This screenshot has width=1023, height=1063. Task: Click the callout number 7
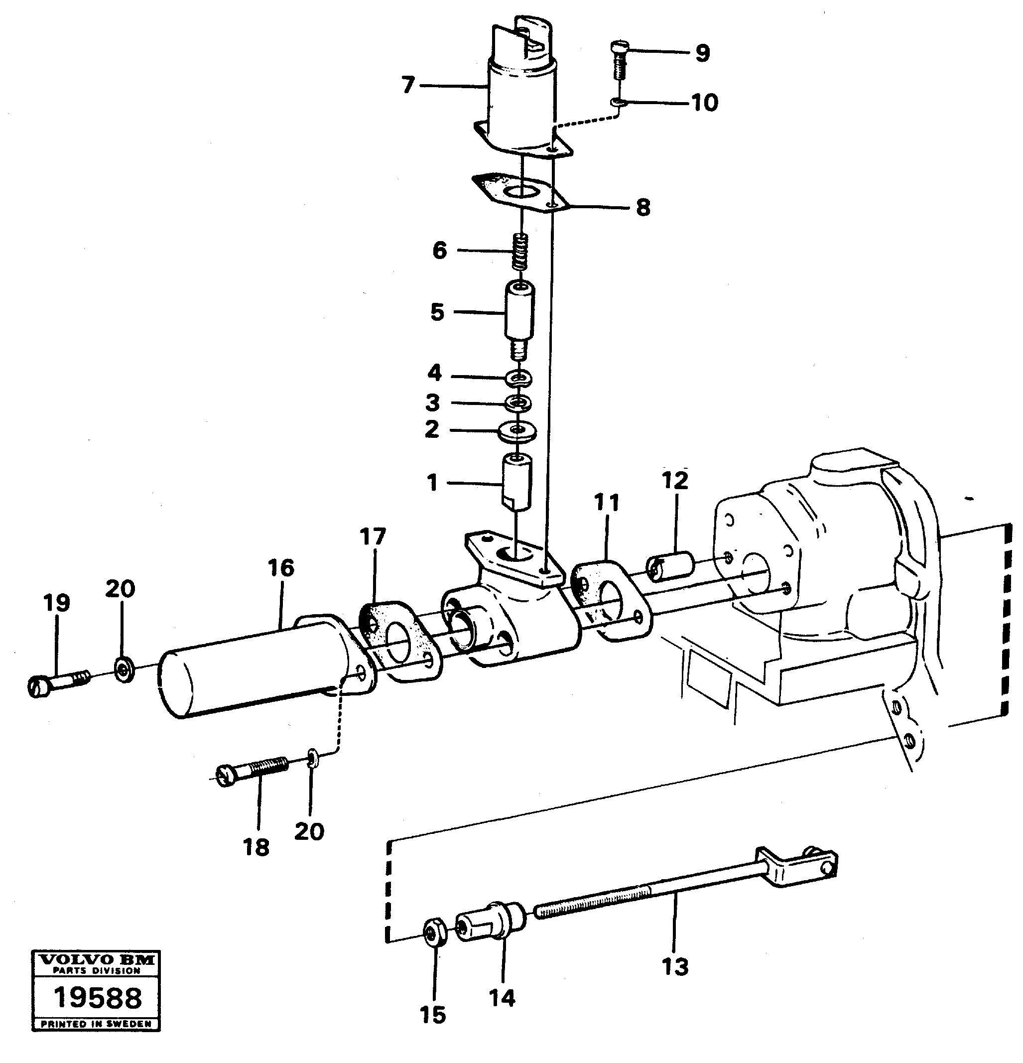(x=408, y=85)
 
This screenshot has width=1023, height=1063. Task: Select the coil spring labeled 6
(x=521, y=251)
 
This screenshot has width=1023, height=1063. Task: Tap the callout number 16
(x=281, y=568)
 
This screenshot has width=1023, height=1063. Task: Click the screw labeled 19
(x=57, y=683)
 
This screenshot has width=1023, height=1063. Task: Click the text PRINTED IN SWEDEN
(x=97, y=1024)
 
